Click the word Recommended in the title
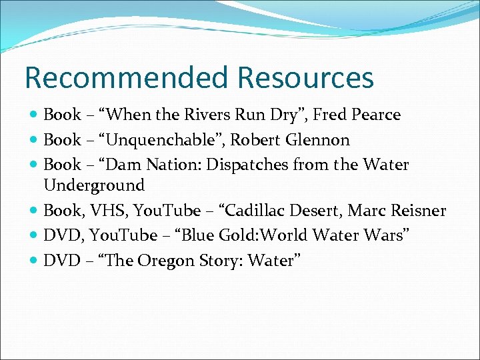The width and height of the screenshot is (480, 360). point(127,77)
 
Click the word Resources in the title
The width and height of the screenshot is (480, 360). point(305,77)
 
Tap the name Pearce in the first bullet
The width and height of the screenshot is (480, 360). point(377,115)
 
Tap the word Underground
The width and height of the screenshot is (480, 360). point(94,185)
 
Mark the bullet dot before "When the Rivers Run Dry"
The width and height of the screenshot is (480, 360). point(34,115)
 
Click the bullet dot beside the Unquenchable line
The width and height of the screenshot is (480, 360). point(34,141)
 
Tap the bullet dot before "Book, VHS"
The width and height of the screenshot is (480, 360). point(34,211)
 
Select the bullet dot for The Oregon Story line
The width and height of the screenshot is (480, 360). point(34,261)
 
